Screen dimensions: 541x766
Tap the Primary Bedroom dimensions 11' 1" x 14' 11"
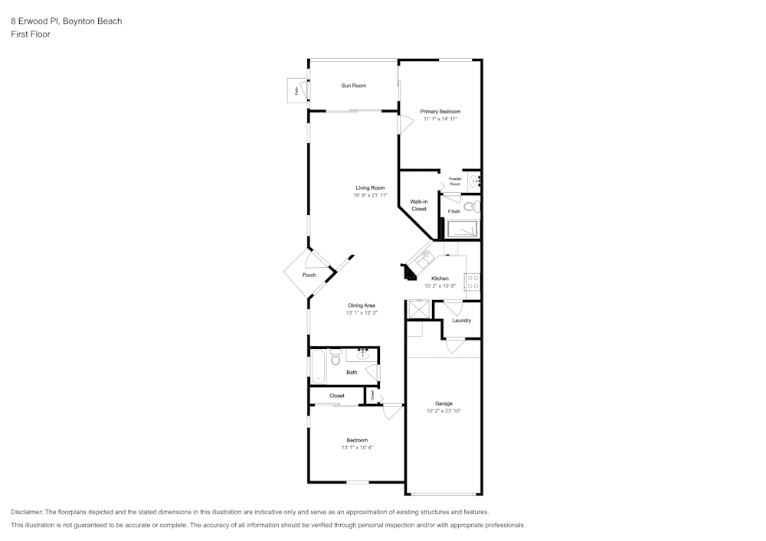[x=440, y=119]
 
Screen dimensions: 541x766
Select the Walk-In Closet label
[x=419, y=205]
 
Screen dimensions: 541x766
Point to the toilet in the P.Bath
[x=470, y=206]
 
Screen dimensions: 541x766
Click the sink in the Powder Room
[x=473, y=181]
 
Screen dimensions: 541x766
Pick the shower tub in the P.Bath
[x=463, y=229]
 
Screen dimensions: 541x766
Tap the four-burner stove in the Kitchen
[x=473, y=282]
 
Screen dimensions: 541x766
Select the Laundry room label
[x=461, y=321]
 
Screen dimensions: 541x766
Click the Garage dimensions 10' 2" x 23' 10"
[x=444, y=411]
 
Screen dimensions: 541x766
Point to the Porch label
[x=309, y=275]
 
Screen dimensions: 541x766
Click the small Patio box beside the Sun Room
[x=296, y=90]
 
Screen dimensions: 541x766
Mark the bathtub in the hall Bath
[x=318, y=367]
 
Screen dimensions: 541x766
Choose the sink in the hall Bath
[x=363, y=354]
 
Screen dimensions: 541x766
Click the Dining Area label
[x=362, y=305]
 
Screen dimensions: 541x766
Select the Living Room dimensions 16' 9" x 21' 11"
[x=370, y=195]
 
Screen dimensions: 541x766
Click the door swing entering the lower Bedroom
[x=392, y=412]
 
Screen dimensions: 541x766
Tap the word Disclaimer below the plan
[x=28, y=512]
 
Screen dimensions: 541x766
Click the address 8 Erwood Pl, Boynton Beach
[x=66, y=21]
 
